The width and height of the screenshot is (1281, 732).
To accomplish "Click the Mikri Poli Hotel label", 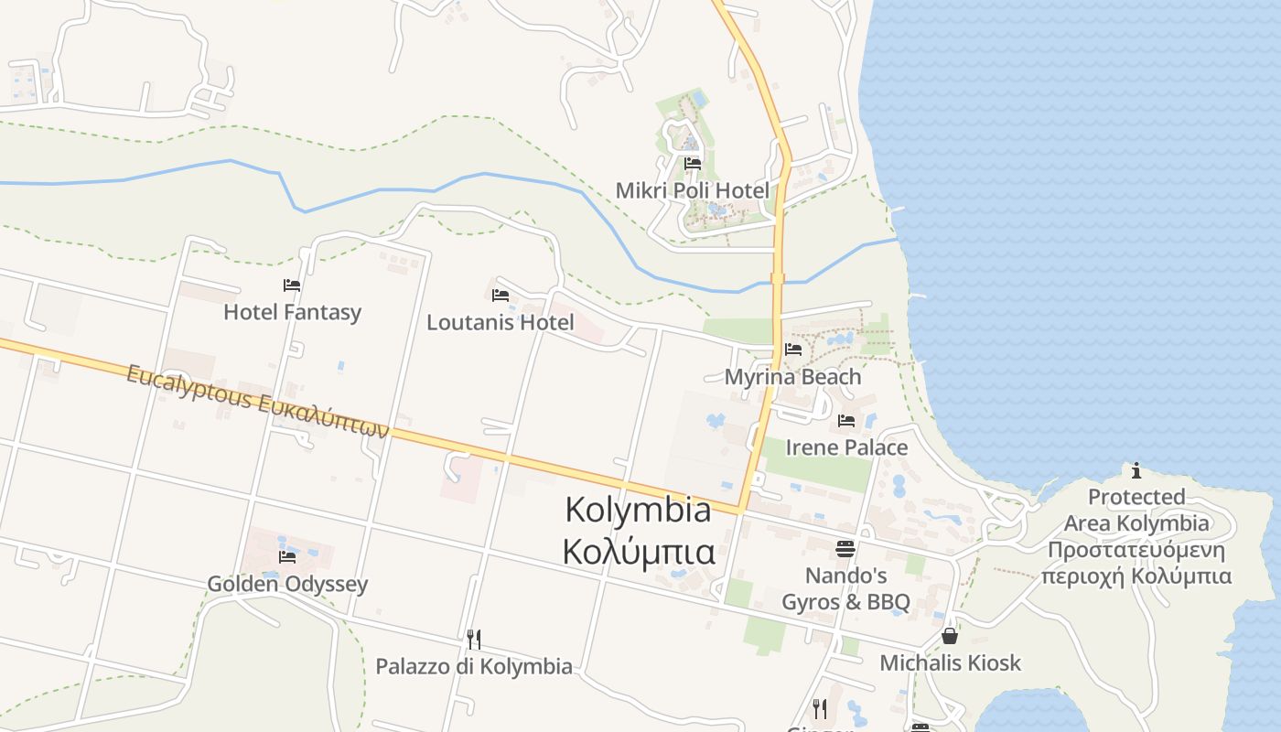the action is point(693,190).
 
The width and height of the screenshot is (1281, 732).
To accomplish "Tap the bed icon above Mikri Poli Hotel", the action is point(693,164).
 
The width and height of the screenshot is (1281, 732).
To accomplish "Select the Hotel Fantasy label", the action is point(293,312).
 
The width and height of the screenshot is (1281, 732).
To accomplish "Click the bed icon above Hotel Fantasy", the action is point(292,285).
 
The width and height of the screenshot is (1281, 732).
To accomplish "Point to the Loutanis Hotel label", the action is point(501,322).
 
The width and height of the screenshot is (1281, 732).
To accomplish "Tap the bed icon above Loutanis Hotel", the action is point(501,296).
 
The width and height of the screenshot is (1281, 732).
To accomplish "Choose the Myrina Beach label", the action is point(792,376).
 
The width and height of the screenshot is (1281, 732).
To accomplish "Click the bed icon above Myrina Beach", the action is point(793,350).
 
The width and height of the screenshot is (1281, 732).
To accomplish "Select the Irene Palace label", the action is point(846,447).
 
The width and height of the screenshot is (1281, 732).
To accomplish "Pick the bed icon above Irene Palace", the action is point(846,421).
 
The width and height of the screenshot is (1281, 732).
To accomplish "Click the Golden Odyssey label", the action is point(287,584).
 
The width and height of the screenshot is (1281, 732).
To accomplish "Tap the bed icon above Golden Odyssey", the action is point(287,557).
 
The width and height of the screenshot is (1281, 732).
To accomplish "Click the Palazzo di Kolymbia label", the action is point(474,666).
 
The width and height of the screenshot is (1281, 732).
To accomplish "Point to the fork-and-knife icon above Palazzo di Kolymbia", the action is point(474,639).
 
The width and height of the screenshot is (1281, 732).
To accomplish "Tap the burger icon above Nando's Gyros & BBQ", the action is point(845,549).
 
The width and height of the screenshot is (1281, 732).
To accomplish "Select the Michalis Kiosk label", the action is point(950,662).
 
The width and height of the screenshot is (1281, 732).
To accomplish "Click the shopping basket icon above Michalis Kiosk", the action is point(950,635).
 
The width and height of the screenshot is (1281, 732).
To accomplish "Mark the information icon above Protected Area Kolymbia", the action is point(1136,471).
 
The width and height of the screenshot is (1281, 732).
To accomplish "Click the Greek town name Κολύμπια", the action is point(639,553).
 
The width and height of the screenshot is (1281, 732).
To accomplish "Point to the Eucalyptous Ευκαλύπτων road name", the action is point(258,402).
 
